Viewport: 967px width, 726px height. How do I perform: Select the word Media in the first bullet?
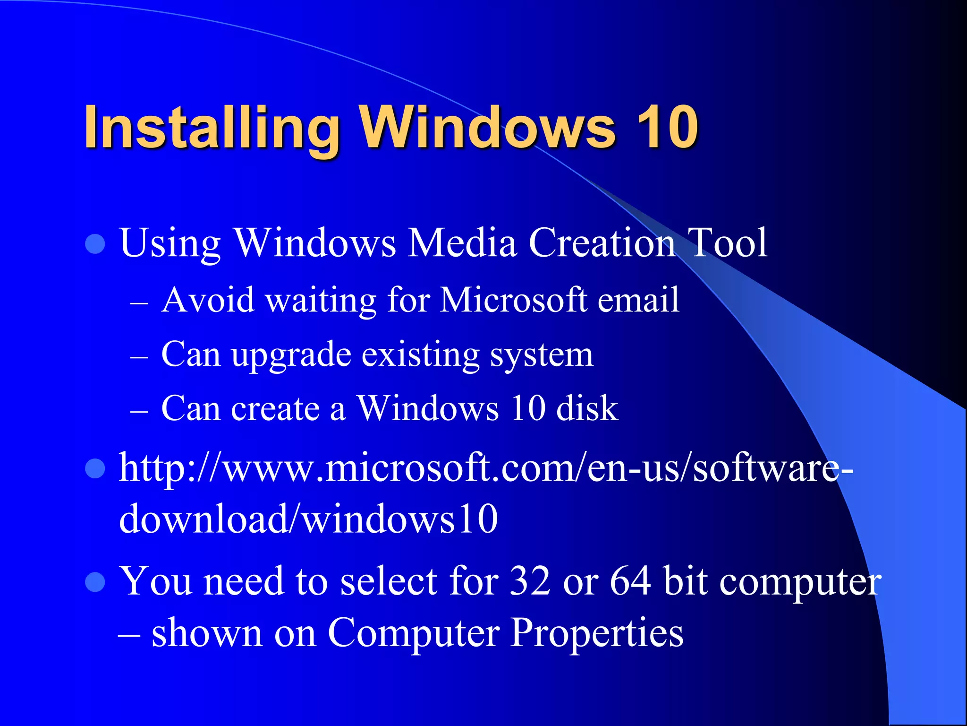[462, 243]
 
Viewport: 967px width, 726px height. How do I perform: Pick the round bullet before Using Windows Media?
[95, 244]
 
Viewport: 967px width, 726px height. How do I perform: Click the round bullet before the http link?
[95, 468]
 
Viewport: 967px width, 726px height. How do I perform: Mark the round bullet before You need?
[95, 582]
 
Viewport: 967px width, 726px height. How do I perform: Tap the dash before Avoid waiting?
[139, 303]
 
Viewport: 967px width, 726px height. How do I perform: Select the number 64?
[630, 581]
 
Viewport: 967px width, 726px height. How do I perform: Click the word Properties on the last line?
[597, 633]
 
